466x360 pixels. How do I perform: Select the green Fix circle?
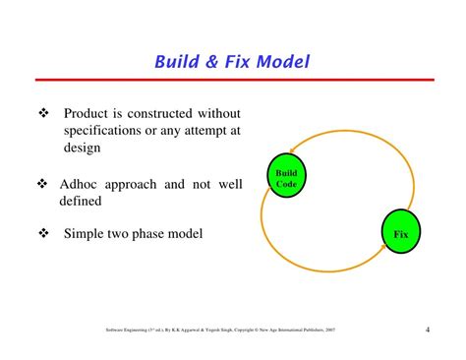400,234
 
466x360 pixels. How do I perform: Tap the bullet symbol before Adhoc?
42,183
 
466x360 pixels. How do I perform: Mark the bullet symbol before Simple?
42,234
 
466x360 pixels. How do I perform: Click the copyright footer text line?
226,330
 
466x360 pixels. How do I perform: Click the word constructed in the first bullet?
170,114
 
